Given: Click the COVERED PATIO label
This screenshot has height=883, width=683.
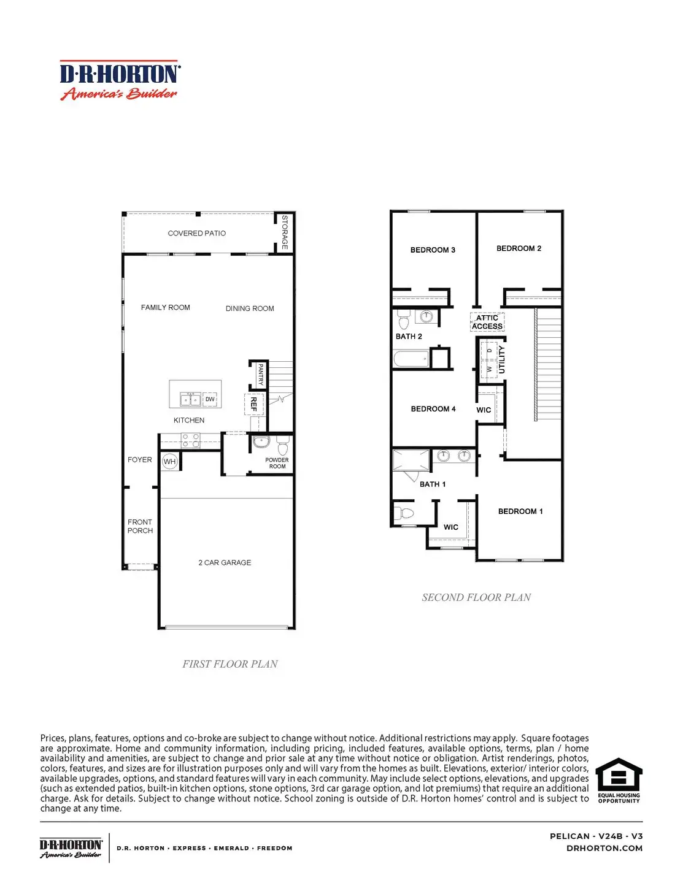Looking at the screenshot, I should (196, 233).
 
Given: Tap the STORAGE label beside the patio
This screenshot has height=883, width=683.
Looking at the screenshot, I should (284, 232).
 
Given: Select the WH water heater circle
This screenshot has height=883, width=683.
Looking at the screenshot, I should (169, 462).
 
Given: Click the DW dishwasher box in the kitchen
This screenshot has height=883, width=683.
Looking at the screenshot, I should (210, 399).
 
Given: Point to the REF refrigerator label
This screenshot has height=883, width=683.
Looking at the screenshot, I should (253, 403).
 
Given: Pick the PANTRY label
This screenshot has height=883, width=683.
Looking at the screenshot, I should (260, 373).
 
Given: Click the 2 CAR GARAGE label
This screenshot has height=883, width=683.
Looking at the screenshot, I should (225, 562).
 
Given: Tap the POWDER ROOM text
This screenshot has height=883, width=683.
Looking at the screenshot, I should (277, 463).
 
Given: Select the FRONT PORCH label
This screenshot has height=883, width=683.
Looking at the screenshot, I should (140, 526).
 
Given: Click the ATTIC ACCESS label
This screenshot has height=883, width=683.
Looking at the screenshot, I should (487, 322).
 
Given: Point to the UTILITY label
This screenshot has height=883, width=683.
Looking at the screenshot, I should (501, 359).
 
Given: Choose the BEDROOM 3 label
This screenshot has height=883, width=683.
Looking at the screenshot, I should (433, 250).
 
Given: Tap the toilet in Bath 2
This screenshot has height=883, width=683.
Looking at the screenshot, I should (404, 320).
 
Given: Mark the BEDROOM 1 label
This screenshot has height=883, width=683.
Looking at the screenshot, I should (520, 511).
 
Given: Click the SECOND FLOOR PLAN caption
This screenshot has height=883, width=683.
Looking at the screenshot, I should (476, 597).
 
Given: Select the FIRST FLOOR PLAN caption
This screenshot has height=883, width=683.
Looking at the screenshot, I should (230, 663).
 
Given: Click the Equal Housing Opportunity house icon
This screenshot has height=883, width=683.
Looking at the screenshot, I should (619, 775).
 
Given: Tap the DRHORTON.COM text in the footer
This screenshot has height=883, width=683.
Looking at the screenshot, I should (604, 848).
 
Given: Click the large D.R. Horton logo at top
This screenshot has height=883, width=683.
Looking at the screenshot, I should (120, 80).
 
